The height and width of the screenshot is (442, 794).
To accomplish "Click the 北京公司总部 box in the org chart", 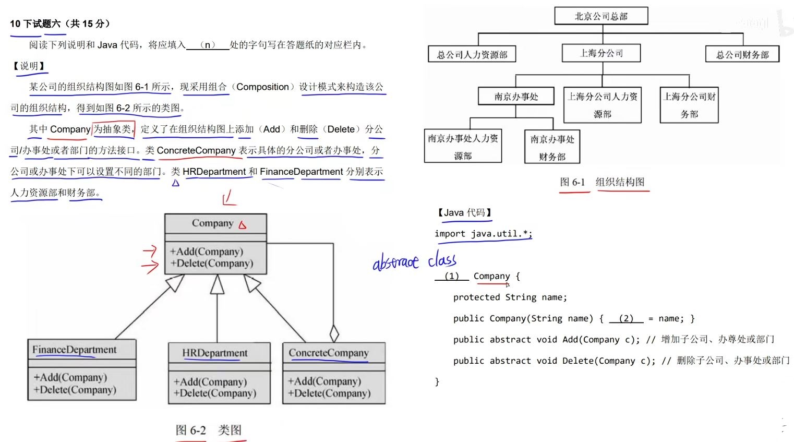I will (x=601, y=16).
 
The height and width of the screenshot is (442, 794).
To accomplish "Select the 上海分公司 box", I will (x=601, y=53).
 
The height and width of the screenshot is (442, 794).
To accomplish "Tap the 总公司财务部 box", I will (x=742, y=55).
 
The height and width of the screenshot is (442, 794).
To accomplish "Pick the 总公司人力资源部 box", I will (x=472, y=55).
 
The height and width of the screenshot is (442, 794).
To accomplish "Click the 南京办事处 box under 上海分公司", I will (x=516, y=97).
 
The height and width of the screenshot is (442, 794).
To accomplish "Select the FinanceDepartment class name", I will (x=74, y=350).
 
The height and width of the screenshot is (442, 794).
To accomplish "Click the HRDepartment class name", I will (x=214, y=353).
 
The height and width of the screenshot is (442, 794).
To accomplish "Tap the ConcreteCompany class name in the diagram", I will (x=329, y=353).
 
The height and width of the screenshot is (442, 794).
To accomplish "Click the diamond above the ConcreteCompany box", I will (x=334, y=333).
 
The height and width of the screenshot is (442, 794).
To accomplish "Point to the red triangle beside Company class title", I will (x=243, y=225).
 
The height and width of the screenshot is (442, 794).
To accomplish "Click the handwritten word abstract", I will (x=395, y=262).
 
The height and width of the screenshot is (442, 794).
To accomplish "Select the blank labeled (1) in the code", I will (x=452, y=276).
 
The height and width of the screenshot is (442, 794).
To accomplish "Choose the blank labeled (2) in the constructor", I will (x=626, y=318).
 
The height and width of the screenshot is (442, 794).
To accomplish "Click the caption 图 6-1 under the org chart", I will (x=572, y=182).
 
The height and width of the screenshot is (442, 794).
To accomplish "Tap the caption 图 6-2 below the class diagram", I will (x=190, y=431).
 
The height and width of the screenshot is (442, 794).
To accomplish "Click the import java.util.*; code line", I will (x=483, y=234).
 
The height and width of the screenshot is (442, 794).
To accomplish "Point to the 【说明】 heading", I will (x=29, y=66).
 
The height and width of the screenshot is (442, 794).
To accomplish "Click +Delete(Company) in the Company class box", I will (x=212, y=264).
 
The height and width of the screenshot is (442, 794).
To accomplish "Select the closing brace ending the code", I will (x=437, y=382).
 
